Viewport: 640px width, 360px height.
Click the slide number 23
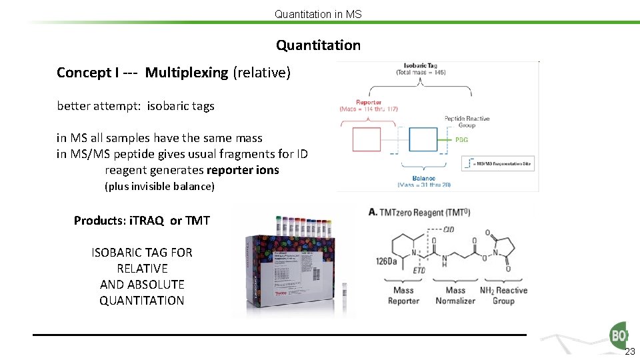coord(630,352)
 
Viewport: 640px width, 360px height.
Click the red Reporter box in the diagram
coord(366,139)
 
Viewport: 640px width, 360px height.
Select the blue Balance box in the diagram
coord(423,139)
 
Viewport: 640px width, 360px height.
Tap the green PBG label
coord(461,140)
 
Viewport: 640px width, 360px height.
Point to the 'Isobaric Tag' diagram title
coord(421,66)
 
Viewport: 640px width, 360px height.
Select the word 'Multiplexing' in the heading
coord(186,73)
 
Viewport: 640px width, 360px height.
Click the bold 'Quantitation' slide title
coord(319,45)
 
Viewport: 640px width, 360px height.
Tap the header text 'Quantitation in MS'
coord(318,13)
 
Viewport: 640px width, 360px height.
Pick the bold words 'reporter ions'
coord(243,170)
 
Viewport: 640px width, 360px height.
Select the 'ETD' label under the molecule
coord(419,271)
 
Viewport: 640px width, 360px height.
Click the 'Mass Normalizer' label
coord(455,295)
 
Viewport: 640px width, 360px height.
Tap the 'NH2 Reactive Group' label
coord(503,295)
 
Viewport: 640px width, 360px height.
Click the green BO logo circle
coord(617,335)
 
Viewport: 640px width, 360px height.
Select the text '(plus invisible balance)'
coord(160,187)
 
